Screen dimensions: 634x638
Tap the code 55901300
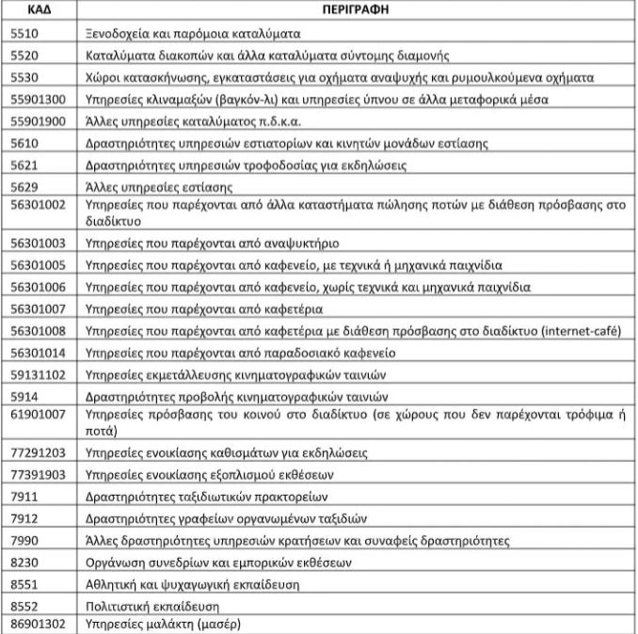coord(37,99)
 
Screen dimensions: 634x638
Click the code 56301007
coord(37,309)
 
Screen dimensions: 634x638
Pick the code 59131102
coord(37,374)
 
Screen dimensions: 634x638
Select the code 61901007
coord(37,419)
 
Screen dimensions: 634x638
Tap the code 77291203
coord(37,452)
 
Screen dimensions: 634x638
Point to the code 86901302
coord(37,624)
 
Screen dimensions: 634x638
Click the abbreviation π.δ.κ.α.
coord(247,120)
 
